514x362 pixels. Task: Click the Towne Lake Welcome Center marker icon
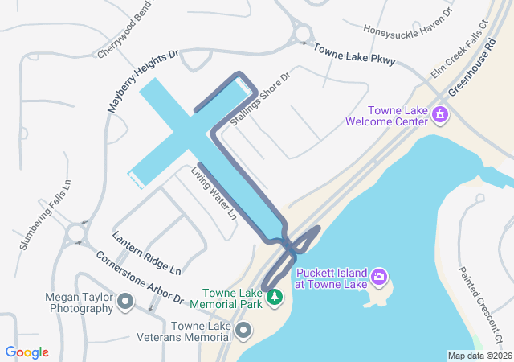click(x=439, y=116)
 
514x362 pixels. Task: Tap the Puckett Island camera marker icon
click(x=379, y=278)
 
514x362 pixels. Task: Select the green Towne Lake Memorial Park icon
click(x=275, y=298)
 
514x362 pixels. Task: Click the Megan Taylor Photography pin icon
click(x=125, y=302)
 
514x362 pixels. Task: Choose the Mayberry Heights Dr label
click(x=143, y=80)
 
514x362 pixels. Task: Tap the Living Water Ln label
click(x=213, y=193)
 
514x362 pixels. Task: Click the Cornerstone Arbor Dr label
click(x=140, y=278)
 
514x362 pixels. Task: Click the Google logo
click(x=27, y=352)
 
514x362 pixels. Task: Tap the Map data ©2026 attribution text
click(x=479, y=356)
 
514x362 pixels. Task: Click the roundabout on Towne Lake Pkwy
click(x=304, y=33)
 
